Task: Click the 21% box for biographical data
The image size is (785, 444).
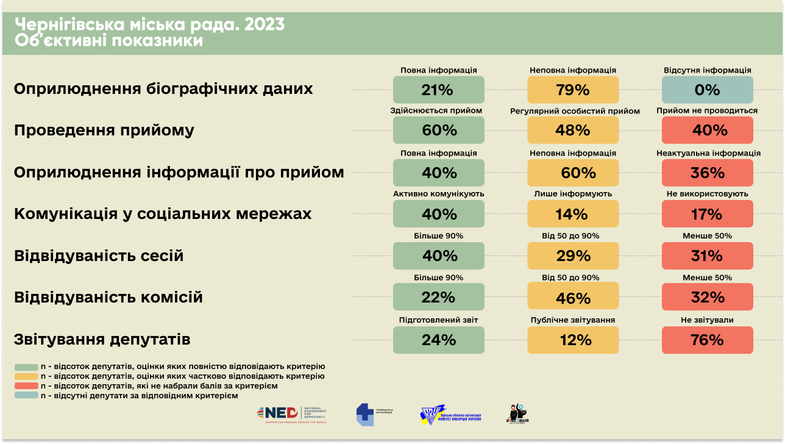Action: pos(438,90)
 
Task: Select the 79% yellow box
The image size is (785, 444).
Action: pos(573,90)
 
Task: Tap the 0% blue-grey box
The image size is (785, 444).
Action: pos(707,90)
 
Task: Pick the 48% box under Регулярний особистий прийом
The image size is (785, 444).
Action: pos(573,130)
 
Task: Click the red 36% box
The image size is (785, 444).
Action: pos(707,173)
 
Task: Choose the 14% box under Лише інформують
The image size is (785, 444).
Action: pos(573,214)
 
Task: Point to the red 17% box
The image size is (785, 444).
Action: pos(707,214)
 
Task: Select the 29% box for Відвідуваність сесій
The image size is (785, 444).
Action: pos(573,256)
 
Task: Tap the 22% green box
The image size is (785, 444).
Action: pos(438,297)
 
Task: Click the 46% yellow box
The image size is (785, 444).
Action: pos(573,297)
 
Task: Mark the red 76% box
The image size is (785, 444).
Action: pos(707,340)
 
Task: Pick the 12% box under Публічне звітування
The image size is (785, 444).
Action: pos(573,340)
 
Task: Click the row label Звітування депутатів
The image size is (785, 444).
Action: pos(102,339)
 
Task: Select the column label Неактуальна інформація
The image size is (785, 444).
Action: pos(708,153)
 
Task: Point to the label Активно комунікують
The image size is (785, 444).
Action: pos(438,194)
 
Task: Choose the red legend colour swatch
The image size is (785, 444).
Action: pos(26,386)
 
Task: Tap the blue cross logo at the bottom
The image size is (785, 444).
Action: pos(365,414)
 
